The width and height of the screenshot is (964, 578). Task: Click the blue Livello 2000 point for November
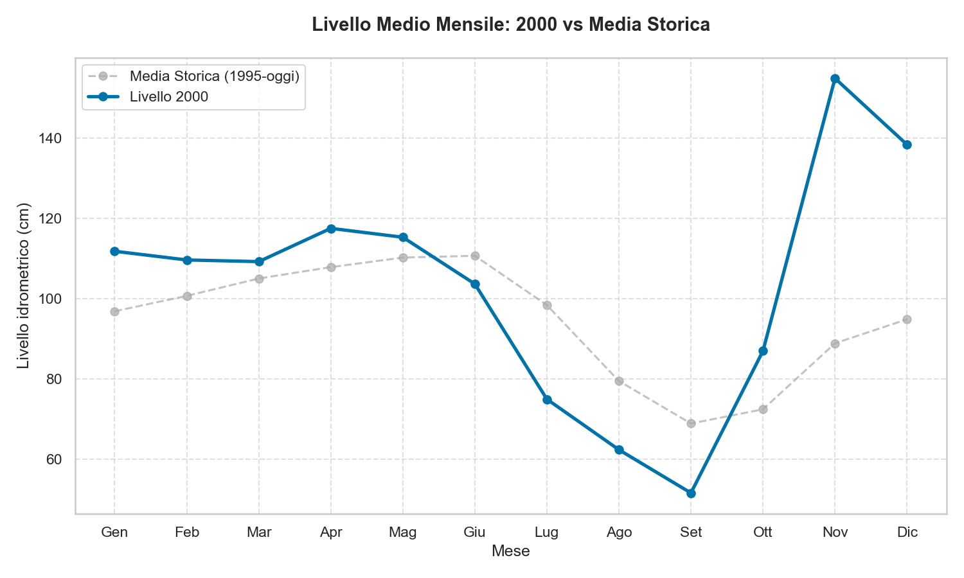coord(835,79)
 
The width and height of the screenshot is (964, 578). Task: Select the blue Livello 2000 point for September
coord(691,493)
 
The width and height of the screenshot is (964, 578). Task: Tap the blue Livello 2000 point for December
coord(907,144)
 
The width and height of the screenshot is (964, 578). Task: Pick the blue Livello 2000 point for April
coord(331,229)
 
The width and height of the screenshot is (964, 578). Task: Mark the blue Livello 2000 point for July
coord(547,399)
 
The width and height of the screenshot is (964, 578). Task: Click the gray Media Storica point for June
coord(475,256)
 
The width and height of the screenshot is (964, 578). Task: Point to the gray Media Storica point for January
coord(114,311)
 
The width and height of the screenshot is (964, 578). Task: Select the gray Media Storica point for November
coord(835,344)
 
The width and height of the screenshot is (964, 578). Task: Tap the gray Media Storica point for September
coord(691,423)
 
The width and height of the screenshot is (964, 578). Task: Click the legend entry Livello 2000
coord(168,96)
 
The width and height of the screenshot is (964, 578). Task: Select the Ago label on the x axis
coord(619,532)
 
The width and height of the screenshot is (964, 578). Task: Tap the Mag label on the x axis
coord(403,532)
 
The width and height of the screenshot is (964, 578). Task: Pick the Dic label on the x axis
coord(907,532)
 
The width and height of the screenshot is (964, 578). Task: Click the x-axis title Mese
coord(510,551)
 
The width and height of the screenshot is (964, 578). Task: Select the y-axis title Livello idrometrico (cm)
coord(24,286)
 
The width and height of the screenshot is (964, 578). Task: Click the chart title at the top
coord(510,25)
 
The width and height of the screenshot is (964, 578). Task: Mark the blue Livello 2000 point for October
coord(763,351)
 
